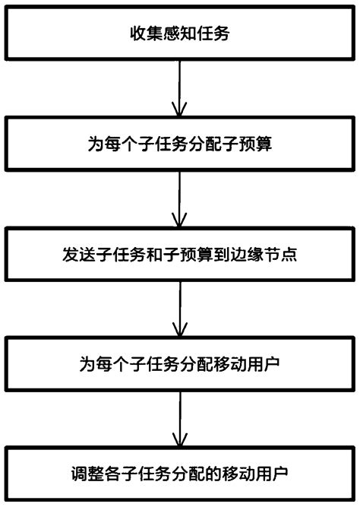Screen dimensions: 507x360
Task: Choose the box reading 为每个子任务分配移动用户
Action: pyautogui.click(x=180, y=363)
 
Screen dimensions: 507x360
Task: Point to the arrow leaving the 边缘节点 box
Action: pyautogui.click(x=180, y=308)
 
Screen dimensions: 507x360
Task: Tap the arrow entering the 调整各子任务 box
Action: pyautogui.click(x=180, y=417)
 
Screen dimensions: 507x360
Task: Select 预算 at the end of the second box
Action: pyautogui.click(x=242, y=144)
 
